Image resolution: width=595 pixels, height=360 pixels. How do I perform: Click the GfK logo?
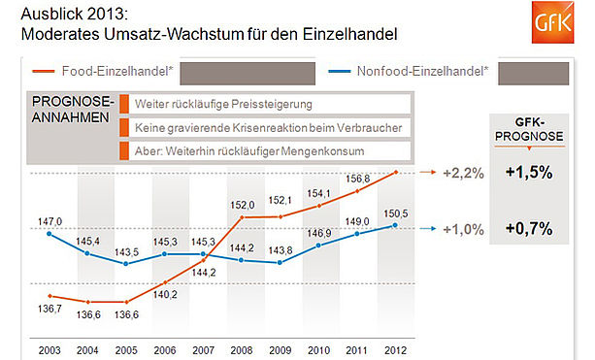[x=552, y=22]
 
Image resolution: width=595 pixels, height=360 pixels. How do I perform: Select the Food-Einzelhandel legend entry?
[x=103, y=71]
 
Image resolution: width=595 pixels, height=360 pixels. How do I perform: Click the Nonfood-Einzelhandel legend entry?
[x=409, y=71]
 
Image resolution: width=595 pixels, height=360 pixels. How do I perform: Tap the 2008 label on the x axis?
[x=242, y=350]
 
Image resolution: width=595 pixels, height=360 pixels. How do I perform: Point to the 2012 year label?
[x=395, y=350]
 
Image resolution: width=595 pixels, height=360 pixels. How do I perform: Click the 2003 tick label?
[x=50, y=350]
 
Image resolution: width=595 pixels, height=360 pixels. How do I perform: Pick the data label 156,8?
[x=357, y=179]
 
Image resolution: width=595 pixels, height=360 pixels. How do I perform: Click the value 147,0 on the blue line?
[x=50, y=221]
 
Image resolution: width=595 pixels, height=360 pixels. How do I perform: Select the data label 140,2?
[x=165, y=294]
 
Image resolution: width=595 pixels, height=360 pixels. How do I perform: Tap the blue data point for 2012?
[x=395, y=225]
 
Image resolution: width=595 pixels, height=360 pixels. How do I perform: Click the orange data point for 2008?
[x=242, y=217]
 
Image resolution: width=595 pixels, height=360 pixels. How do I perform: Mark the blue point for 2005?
[x=126, y=264]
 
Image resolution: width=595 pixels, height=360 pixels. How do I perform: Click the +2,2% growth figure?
[x=463, y=173]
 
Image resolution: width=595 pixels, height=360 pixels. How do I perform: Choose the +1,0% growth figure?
[x=463, y=229]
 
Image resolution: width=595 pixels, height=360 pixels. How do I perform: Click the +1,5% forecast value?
[x=529, y=172]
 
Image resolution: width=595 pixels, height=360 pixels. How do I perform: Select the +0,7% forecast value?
[x=529, y=228]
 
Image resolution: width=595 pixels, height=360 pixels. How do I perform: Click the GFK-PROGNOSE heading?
[x=529, y=129]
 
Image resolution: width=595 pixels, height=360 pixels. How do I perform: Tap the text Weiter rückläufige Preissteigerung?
[x=223, y=104]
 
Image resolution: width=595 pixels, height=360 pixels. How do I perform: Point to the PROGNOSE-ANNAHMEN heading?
[x=73, y=110]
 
